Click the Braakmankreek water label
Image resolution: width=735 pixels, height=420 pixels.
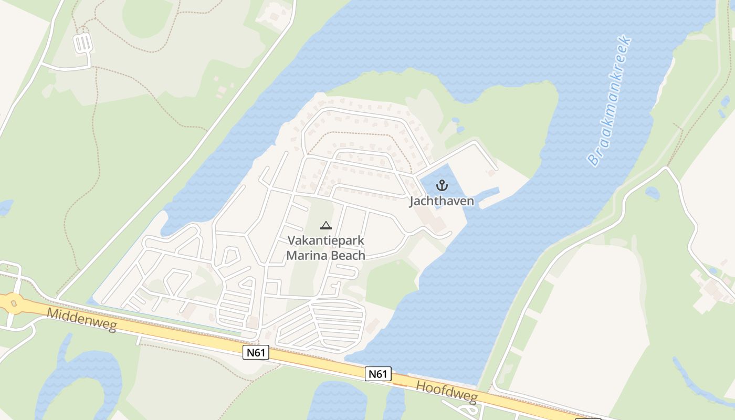click(609, 101)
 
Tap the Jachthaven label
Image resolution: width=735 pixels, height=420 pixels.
click(442, 201)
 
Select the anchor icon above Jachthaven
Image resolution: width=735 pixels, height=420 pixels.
click(442, 185)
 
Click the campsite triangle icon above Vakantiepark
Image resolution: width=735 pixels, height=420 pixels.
click(325, 226)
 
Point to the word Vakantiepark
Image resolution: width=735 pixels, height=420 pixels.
click(326, 240)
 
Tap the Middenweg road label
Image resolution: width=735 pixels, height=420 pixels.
click(81, 320)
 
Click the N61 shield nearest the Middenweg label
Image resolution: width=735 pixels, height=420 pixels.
click(256, 352)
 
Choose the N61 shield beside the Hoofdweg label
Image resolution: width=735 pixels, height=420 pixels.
click(378, 374)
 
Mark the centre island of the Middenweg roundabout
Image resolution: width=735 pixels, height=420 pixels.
click(12, 303)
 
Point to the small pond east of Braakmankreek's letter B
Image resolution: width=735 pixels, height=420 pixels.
click(653, 193)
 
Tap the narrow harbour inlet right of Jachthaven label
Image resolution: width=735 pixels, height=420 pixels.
click(488, 194)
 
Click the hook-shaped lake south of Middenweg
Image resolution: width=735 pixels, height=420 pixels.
click(79, 378)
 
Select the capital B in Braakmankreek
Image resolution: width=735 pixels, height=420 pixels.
click(594, 159)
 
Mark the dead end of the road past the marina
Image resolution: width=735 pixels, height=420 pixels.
click(492, 171)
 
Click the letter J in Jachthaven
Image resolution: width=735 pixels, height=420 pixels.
click(412, 202)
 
